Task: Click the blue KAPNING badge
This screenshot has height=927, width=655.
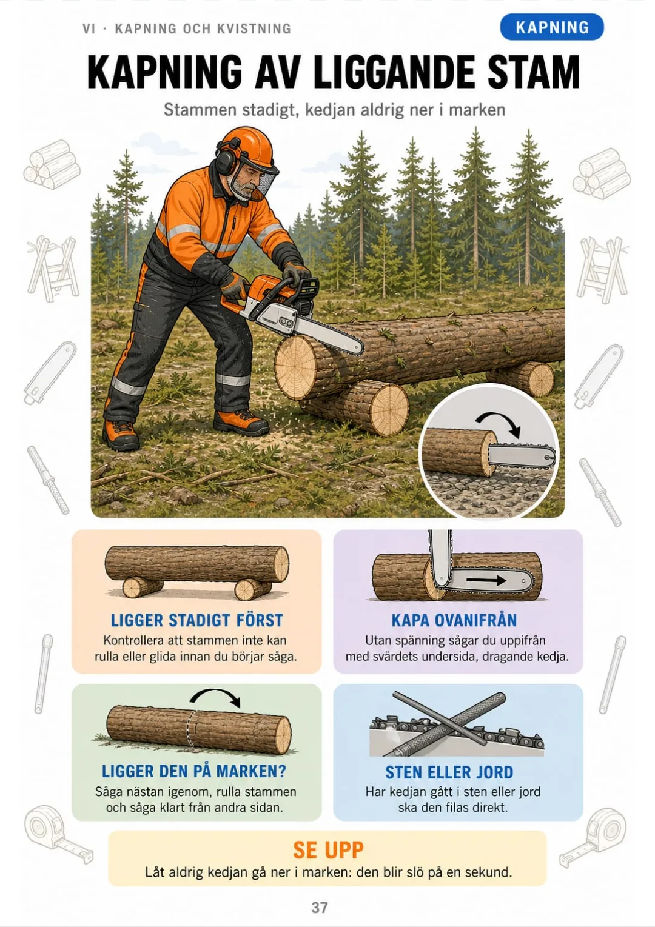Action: [x=551, y=27]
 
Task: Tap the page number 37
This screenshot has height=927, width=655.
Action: [x=320, y=908]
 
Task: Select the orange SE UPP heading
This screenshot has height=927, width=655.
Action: [x=328, y=850]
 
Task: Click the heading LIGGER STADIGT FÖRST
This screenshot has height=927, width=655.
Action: [x=196, y=620]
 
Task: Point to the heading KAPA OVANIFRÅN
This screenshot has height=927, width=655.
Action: [x=454, y=620]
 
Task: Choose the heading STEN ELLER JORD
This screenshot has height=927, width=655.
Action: [x=449, y=772]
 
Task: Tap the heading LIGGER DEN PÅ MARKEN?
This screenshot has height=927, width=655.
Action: [x=194, y=771]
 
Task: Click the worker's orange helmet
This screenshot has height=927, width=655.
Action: [x=249, y=150]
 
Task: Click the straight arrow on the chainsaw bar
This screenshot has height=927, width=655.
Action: [x=486, y=581]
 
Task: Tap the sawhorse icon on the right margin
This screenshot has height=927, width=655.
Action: [x=602, y=269]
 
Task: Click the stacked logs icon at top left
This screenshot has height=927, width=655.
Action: [x=52, y=164]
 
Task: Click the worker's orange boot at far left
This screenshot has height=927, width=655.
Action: [x=120, y=435]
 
